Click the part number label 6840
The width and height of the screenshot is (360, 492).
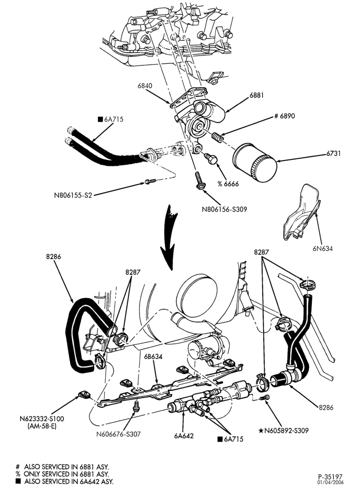[145, 85]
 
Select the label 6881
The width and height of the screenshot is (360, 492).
[257, 95]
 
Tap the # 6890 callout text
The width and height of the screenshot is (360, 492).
[284, 116]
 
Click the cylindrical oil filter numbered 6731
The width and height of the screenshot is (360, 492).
[255, 162]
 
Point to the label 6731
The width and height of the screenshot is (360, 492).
[333, 154]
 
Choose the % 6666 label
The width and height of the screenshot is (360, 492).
[228, 184]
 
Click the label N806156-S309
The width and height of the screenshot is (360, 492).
[225, 209]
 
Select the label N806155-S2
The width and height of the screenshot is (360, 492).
[73, 195]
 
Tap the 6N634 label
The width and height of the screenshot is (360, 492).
[322, 248]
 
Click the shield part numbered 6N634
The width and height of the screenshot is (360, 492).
[301, 214]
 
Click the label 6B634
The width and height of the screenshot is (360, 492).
[152, 357]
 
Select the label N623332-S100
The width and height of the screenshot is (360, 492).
[41, 419]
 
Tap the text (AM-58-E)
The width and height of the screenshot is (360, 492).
[42, 427]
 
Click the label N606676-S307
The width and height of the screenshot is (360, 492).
[119, 434]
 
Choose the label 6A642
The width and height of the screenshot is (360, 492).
[184, 435]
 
